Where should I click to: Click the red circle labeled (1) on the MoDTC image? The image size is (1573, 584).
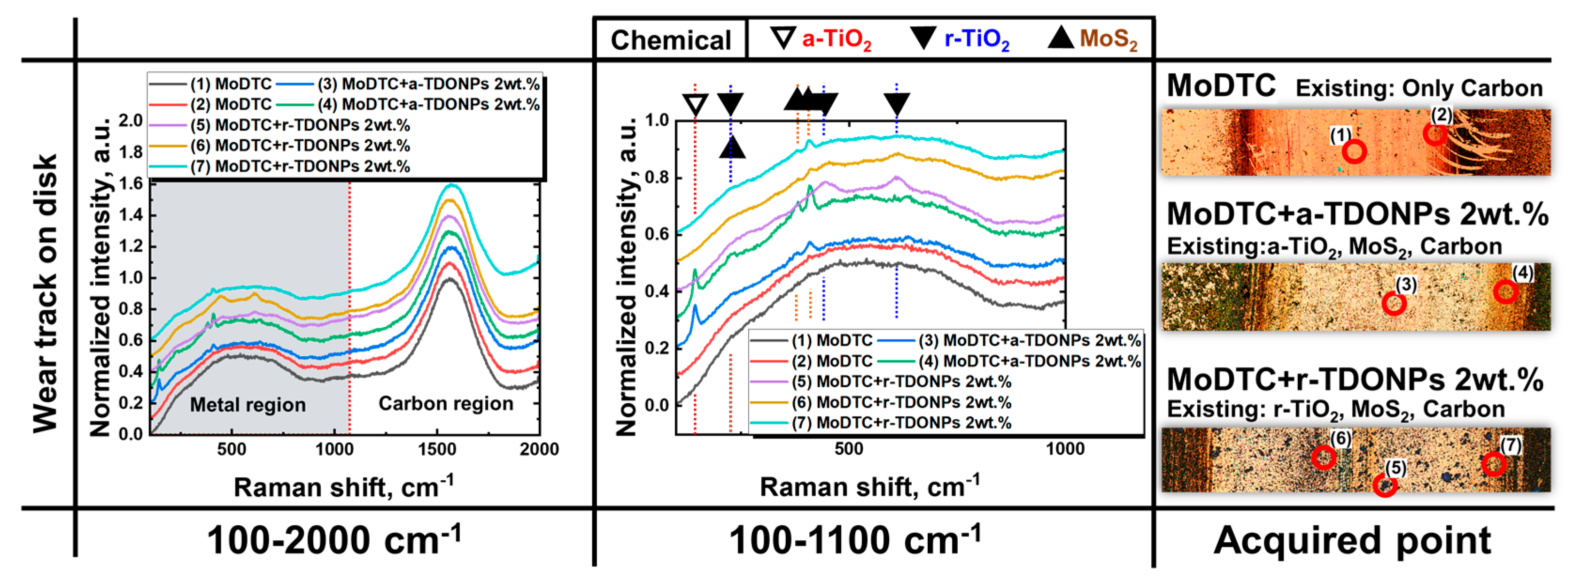click(x=1355, y=151)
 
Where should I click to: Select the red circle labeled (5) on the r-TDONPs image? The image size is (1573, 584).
click(x=1385, y=486)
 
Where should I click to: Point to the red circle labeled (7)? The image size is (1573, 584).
click(x=1494, y=464)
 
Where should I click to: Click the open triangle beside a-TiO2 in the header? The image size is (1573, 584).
click(x=782, y=38)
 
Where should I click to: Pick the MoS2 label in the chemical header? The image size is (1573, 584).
click(x=1108, y=39)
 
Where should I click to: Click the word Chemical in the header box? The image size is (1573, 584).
click(x=670, y=40)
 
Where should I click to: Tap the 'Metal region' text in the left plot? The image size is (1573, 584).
click(x=248, y=405)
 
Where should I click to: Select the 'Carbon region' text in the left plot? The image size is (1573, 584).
click(x=446, y=403)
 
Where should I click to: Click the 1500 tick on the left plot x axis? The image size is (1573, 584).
click(x=437, y=449)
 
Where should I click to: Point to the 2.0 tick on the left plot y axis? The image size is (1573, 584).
click(x=130, y=120)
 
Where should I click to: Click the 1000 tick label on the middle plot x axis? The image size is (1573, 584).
click(x=1065, y=449)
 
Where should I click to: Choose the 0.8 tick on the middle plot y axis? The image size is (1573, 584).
click(x=657, y=177)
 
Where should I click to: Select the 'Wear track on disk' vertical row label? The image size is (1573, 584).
click(x=46, y=293)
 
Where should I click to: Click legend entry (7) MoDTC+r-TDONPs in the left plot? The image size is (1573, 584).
click(x=299, y=166)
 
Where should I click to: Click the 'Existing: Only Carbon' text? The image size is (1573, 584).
click(x=1419, y=88)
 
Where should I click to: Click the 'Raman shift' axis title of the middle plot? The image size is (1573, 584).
click(x=869, y=487)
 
